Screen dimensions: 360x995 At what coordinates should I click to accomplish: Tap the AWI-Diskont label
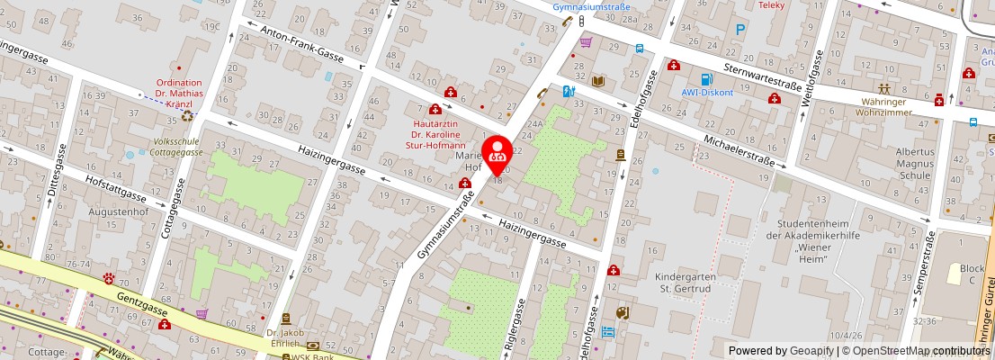coord(706,92)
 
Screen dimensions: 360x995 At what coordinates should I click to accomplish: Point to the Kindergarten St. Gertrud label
coord(684,283)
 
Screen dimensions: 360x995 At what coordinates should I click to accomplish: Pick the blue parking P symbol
coord(740,30)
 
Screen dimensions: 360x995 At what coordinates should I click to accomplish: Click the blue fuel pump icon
coord(706,77)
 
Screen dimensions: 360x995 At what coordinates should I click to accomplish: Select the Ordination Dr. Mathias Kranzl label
coord(180,93)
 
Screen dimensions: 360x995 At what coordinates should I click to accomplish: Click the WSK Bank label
coord(311,356)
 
